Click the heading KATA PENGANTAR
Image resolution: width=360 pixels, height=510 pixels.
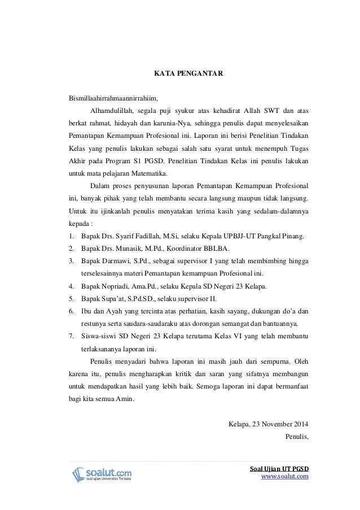tap(181, 73)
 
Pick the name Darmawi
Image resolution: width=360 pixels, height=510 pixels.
tap(117, 261)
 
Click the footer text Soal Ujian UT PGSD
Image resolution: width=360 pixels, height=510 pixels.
tap(279, 468)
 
